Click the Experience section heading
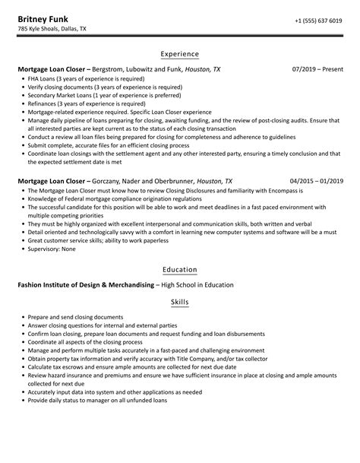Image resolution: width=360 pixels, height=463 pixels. (x=180, y=54)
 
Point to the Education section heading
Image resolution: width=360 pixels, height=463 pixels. (x=180, y=269)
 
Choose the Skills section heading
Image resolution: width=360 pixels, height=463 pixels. (x=180, y=302)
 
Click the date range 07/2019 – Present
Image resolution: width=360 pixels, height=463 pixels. (x=317, y=69)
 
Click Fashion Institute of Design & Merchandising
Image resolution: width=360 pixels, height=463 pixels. (x=86, y=285)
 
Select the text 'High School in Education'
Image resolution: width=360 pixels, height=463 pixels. (x=196, y=285)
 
